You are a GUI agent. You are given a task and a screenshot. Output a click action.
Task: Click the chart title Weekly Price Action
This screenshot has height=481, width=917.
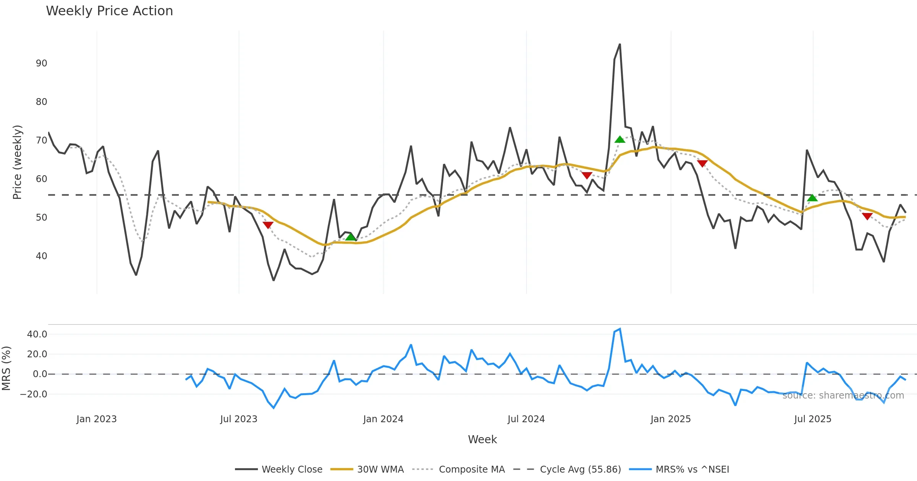click(109, 11)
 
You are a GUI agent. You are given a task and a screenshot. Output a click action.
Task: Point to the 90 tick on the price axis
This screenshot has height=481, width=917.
click(41, 63)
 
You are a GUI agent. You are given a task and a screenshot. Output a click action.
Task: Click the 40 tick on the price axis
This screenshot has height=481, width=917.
click(41, 256)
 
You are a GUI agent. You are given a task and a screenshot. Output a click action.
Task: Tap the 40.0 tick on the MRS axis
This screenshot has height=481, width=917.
click(37, 334)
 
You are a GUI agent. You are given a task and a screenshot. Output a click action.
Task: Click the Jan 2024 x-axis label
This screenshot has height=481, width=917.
click(383, 419)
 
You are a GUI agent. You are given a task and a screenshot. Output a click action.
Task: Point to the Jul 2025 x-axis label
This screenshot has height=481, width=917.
click(813, 419)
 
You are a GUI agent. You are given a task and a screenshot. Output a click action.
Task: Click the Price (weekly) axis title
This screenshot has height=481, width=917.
click(17, 162)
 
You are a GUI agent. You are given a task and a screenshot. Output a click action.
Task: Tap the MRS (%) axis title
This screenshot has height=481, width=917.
click(6, 368)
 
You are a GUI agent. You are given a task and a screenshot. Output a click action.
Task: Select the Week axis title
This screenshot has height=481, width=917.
click(482, 440)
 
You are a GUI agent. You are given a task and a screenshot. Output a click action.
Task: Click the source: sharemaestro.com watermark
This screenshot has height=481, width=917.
click(843, 395)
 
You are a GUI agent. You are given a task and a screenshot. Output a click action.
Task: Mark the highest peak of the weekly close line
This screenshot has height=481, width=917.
click(620, 44)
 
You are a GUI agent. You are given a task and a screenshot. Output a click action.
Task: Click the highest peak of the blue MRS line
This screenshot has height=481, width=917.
click(620, 329)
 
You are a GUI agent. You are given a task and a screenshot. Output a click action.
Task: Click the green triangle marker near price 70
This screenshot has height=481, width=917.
click(620, 140)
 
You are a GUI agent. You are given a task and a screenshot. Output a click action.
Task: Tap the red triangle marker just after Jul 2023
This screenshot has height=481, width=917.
click(268, 225)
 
